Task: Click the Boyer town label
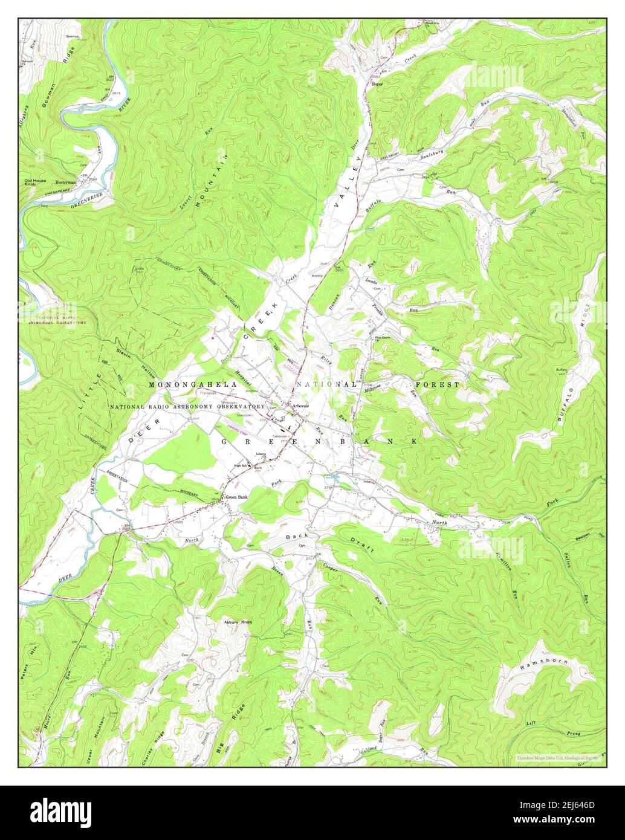(378, 84)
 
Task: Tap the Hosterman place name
(65, 182)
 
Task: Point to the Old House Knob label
(34, 183)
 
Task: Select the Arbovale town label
(300, 405)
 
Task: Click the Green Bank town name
(236, 497)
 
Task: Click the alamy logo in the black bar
(60, 810)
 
